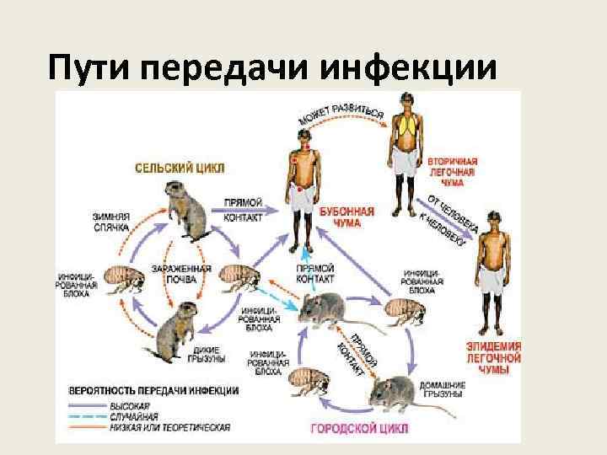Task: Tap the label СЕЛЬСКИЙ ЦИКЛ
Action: coord(180,168)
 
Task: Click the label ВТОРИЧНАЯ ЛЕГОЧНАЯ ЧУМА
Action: coord(452,172)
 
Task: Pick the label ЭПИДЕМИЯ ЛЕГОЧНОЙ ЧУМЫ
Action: coord(493,358)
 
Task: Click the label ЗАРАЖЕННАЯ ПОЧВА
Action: coord(175,274)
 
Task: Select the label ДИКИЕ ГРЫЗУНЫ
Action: coord(206,354)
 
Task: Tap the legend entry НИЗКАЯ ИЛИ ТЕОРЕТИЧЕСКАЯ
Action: coord(169,427)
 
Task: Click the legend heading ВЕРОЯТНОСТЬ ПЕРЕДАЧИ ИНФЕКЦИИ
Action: coord(153,391)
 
